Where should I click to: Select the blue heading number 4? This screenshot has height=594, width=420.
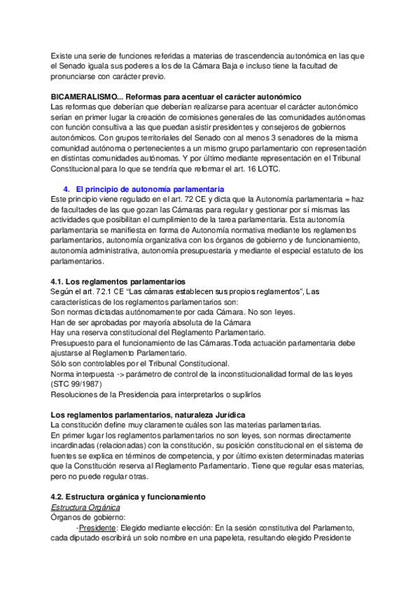(x=66, y=189)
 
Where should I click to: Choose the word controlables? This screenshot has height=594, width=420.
(x=97, y=364)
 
